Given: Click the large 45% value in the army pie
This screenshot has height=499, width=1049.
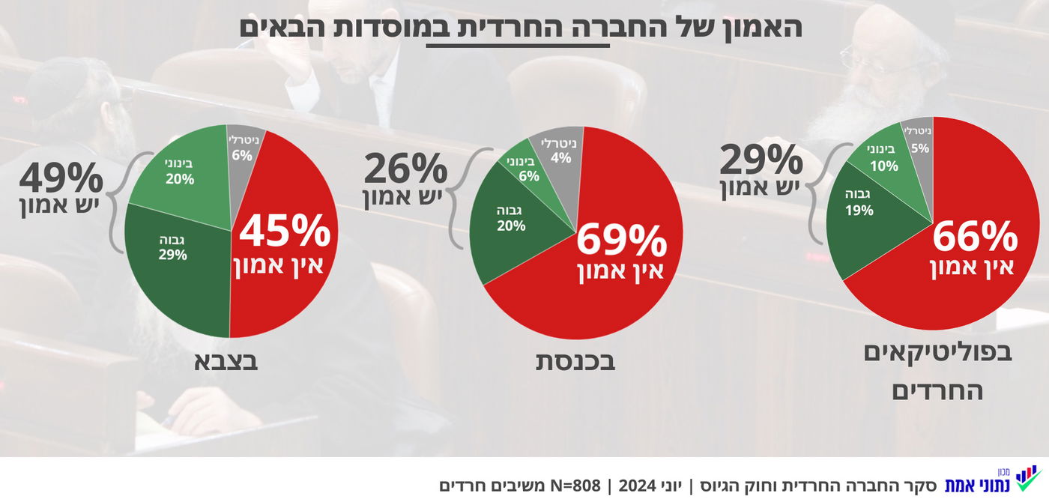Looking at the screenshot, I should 285,232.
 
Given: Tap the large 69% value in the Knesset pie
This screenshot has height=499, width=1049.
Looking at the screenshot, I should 621,241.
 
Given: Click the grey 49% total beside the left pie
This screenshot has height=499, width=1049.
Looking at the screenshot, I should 61,179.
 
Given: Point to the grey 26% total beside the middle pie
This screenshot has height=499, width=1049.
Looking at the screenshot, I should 405,169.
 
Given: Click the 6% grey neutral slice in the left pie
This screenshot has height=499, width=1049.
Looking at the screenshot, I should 241,146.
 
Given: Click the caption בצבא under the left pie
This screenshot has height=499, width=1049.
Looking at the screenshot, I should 226,361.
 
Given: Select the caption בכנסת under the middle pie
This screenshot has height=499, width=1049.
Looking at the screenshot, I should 575,361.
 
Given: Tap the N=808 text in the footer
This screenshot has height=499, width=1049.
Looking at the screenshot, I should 575,485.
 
